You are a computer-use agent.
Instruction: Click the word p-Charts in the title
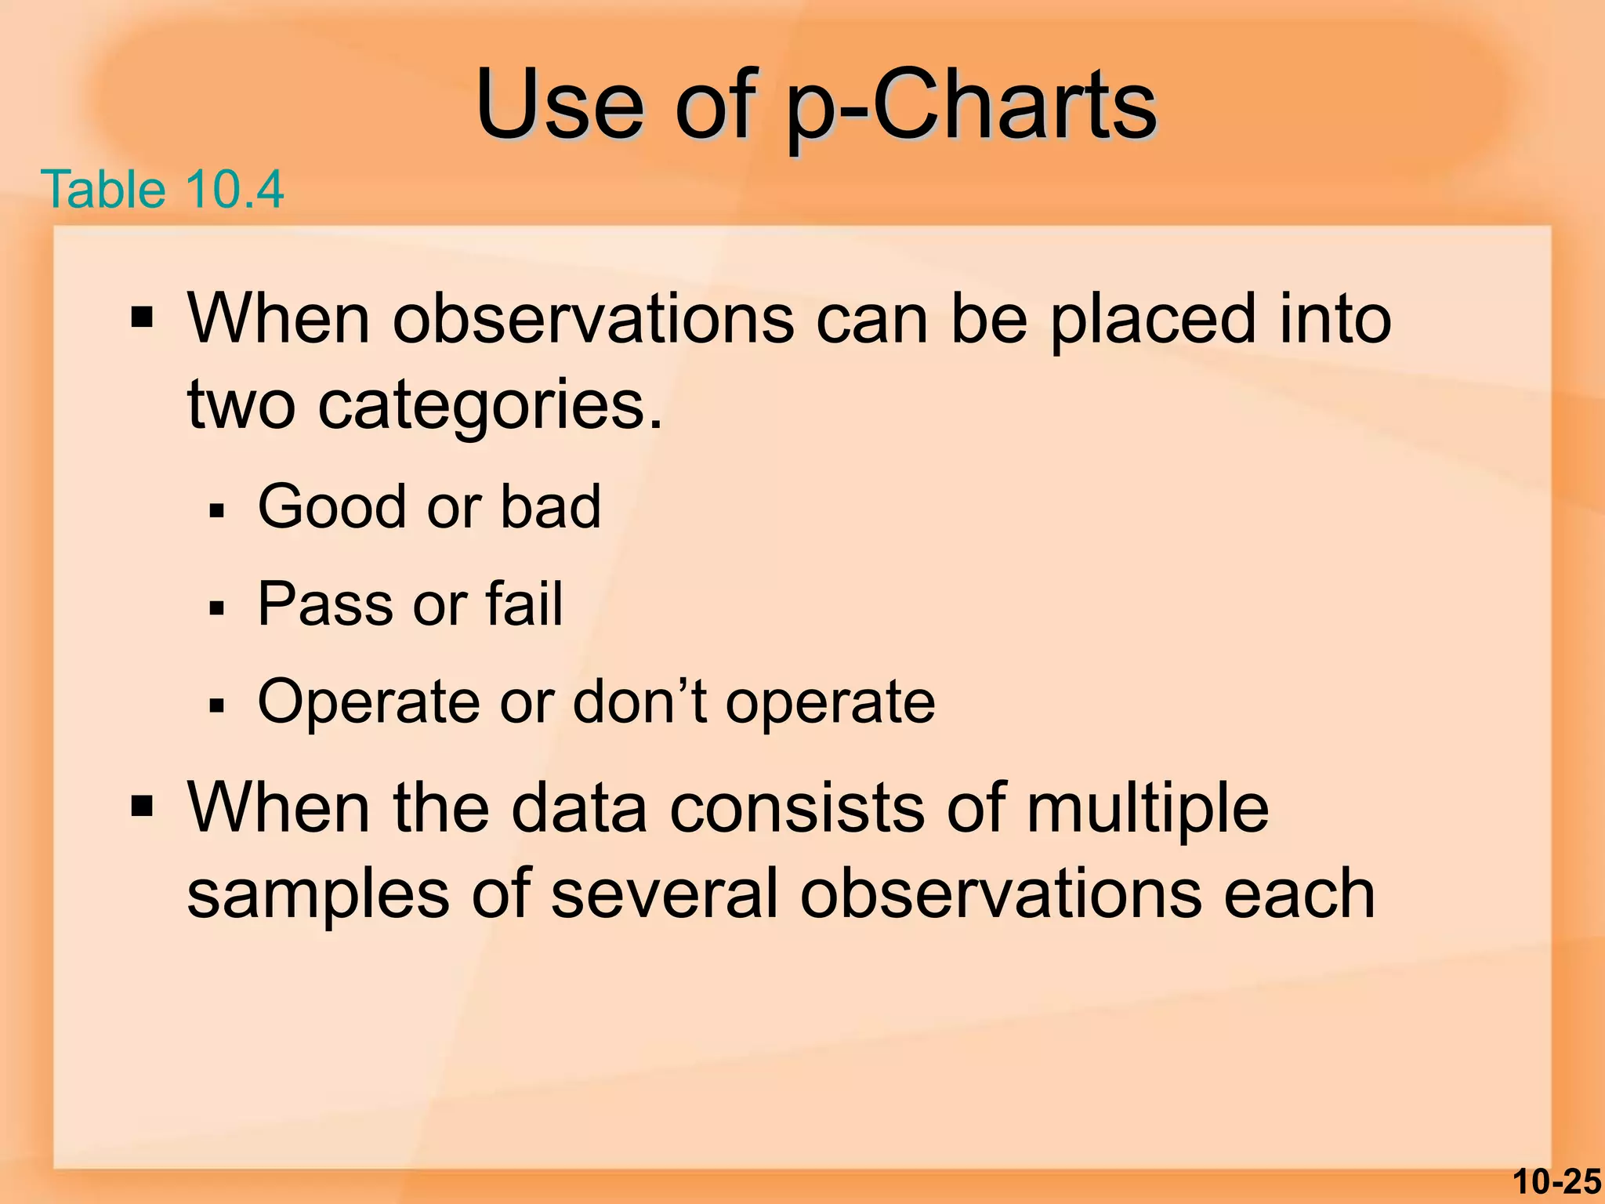(x=972, y=106)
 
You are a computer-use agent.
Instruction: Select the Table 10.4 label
(x=162, y=190)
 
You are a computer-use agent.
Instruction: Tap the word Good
(x=333, y=507)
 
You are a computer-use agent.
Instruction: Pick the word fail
(x=524, y=604)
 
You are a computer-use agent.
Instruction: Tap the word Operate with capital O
(x=368, y=702)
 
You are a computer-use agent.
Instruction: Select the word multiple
(x=1147, y=809)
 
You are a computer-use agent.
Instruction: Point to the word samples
(x=318, y=895)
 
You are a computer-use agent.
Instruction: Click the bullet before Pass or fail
(x=217, y=609)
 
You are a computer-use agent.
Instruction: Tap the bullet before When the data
(x=142, y=806)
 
